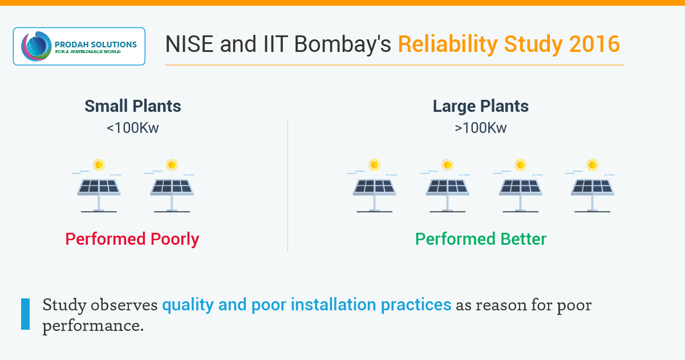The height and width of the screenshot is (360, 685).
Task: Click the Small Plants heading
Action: click(x=133, y=106)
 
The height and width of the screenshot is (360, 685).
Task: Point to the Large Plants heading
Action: click(x=481, y=106)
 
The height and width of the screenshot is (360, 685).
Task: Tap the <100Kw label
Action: click(x=133, y=128)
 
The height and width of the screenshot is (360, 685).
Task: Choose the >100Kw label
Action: click(x=481, y=128)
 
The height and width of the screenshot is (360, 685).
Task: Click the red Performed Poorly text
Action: click(x=132, y=238)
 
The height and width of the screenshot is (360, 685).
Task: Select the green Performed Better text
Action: click(x=481, y=238)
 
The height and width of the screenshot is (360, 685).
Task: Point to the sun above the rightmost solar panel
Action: click(x=593, y=165)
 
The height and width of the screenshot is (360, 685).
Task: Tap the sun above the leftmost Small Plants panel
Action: click(x=99, y=165)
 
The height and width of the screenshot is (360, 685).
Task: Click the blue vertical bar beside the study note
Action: click(x=25, y=314)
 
